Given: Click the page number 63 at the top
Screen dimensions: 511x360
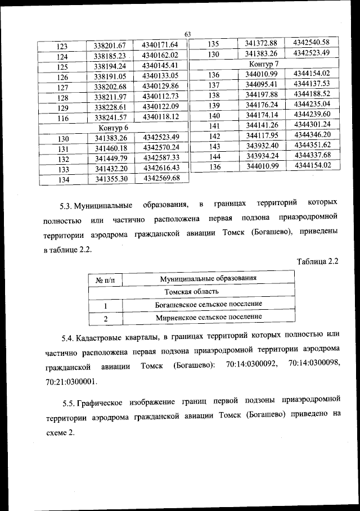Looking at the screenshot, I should click(188, 35).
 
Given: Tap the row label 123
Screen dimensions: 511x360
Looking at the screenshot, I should click(62, 46).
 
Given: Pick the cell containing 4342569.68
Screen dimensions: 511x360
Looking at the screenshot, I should click(161, 178).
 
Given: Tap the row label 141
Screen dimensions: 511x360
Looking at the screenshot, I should click(213, 125).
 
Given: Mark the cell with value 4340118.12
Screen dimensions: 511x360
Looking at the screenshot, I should click(160, 117).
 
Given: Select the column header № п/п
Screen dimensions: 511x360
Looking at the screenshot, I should click(106, 279).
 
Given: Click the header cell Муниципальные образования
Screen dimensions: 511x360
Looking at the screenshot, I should click(208, 278).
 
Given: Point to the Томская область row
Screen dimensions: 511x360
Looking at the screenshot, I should click(191, 292).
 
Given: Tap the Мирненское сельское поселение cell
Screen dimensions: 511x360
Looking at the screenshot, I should click(208, 317).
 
